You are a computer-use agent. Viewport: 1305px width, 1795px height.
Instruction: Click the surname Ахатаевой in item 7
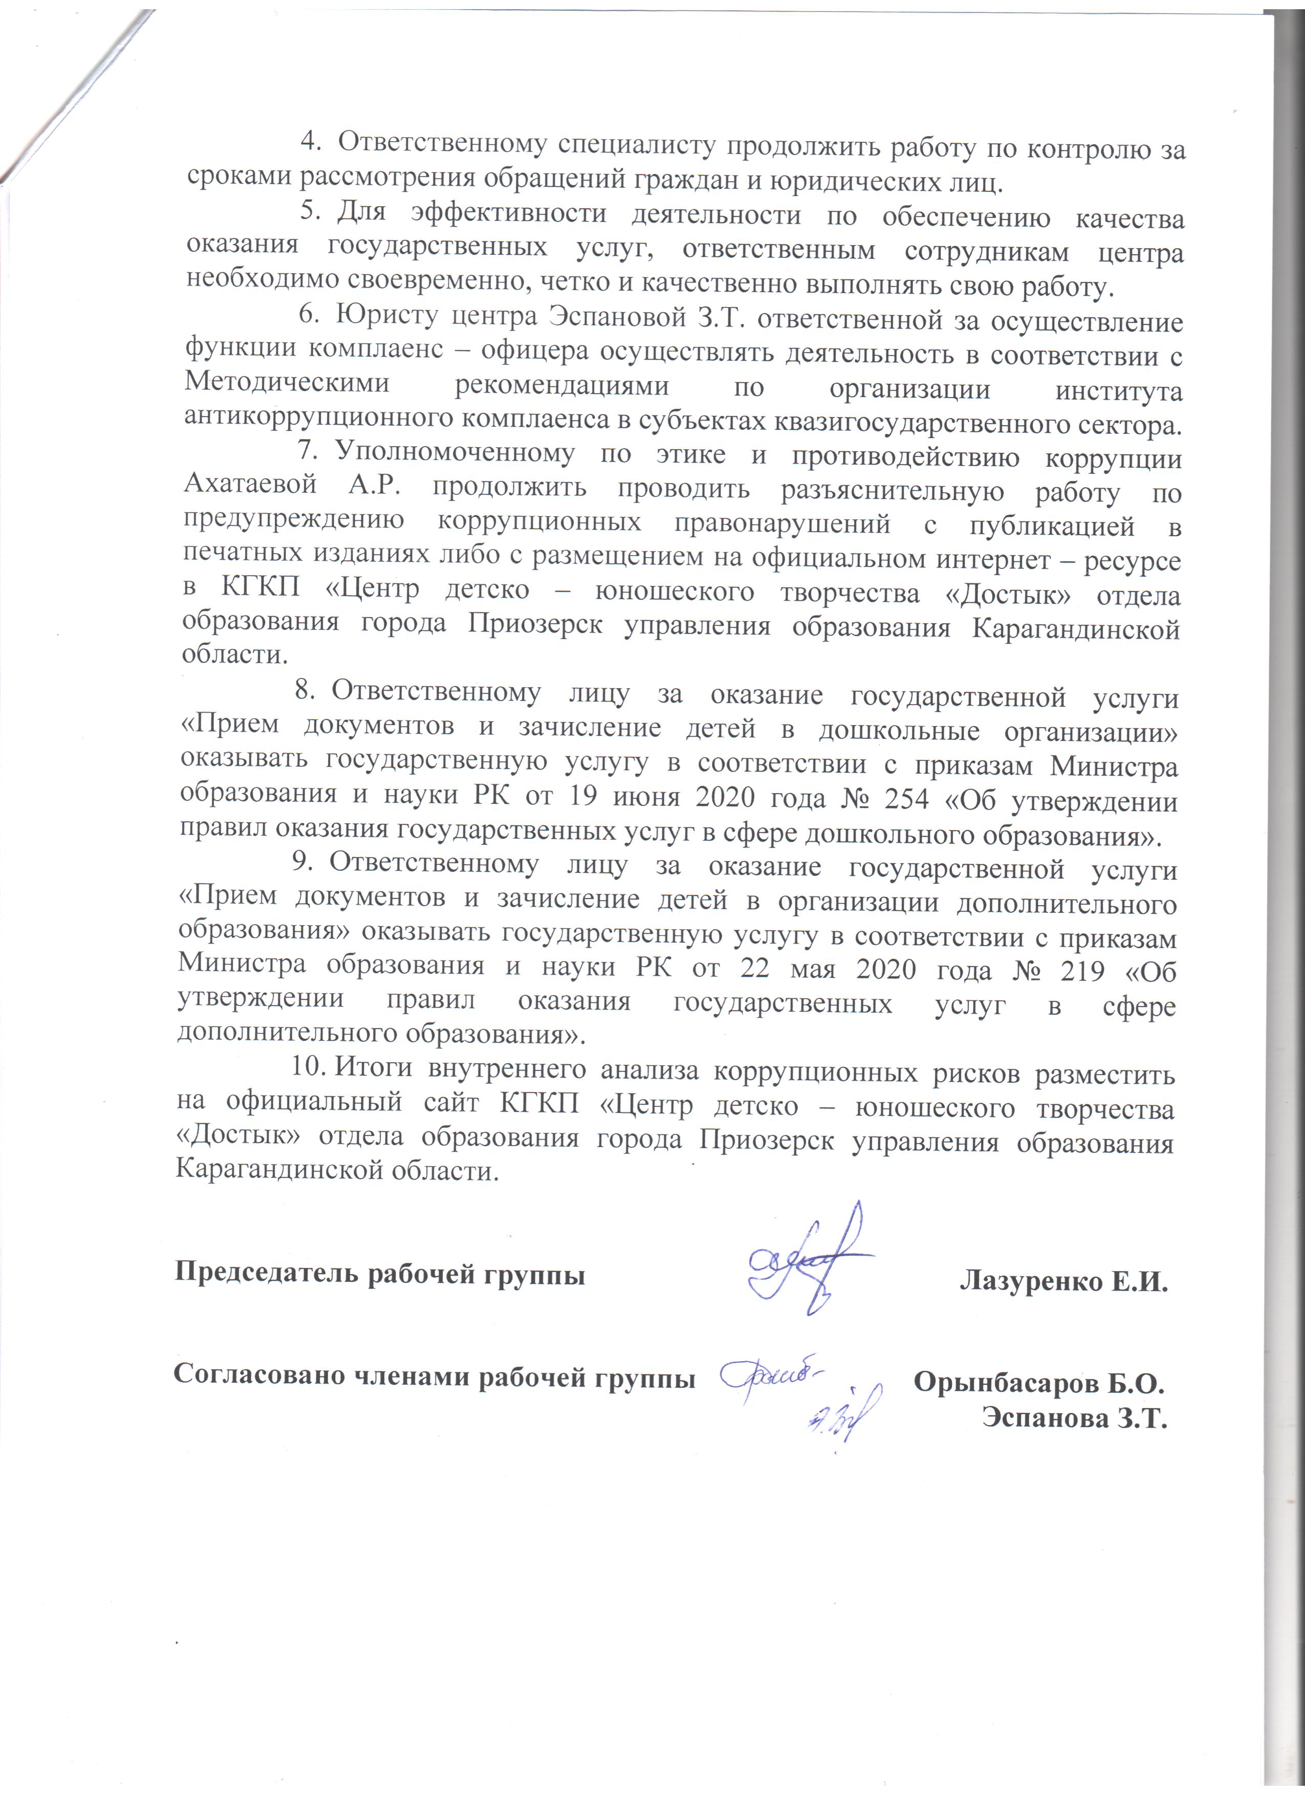coord(250,485)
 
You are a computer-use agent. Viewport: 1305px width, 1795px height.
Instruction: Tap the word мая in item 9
coord(805,970)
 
